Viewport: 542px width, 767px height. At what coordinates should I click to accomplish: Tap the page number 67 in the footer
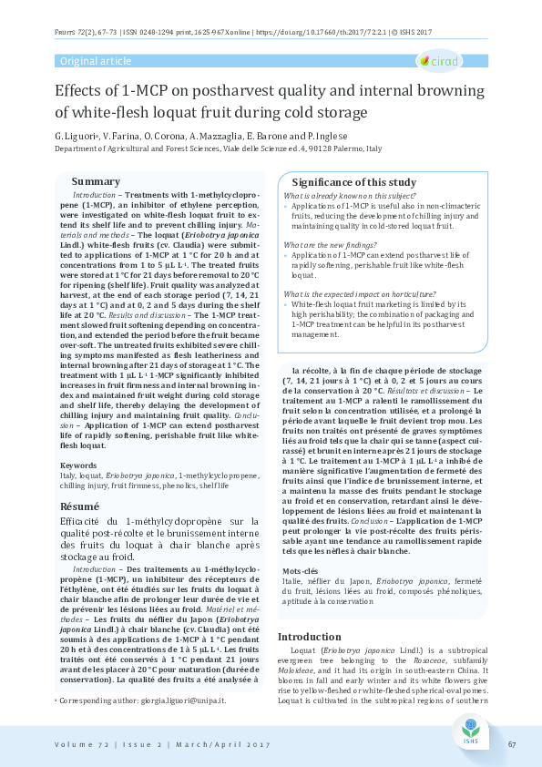coord(512,744)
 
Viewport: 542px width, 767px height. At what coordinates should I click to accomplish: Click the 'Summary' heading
coord(96,181)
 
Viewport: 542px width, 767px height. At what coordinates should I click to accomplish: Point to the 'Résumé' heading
coord(79,506)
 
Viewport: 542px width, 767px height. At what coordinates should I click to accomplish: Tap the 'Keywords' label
coord(78,465)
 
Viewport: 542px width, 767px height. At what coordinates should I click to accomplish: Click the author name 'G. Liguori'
coord(75,134)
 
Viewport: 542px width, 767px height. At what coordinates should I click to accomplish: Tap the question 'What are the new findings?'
coord(326,246)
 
